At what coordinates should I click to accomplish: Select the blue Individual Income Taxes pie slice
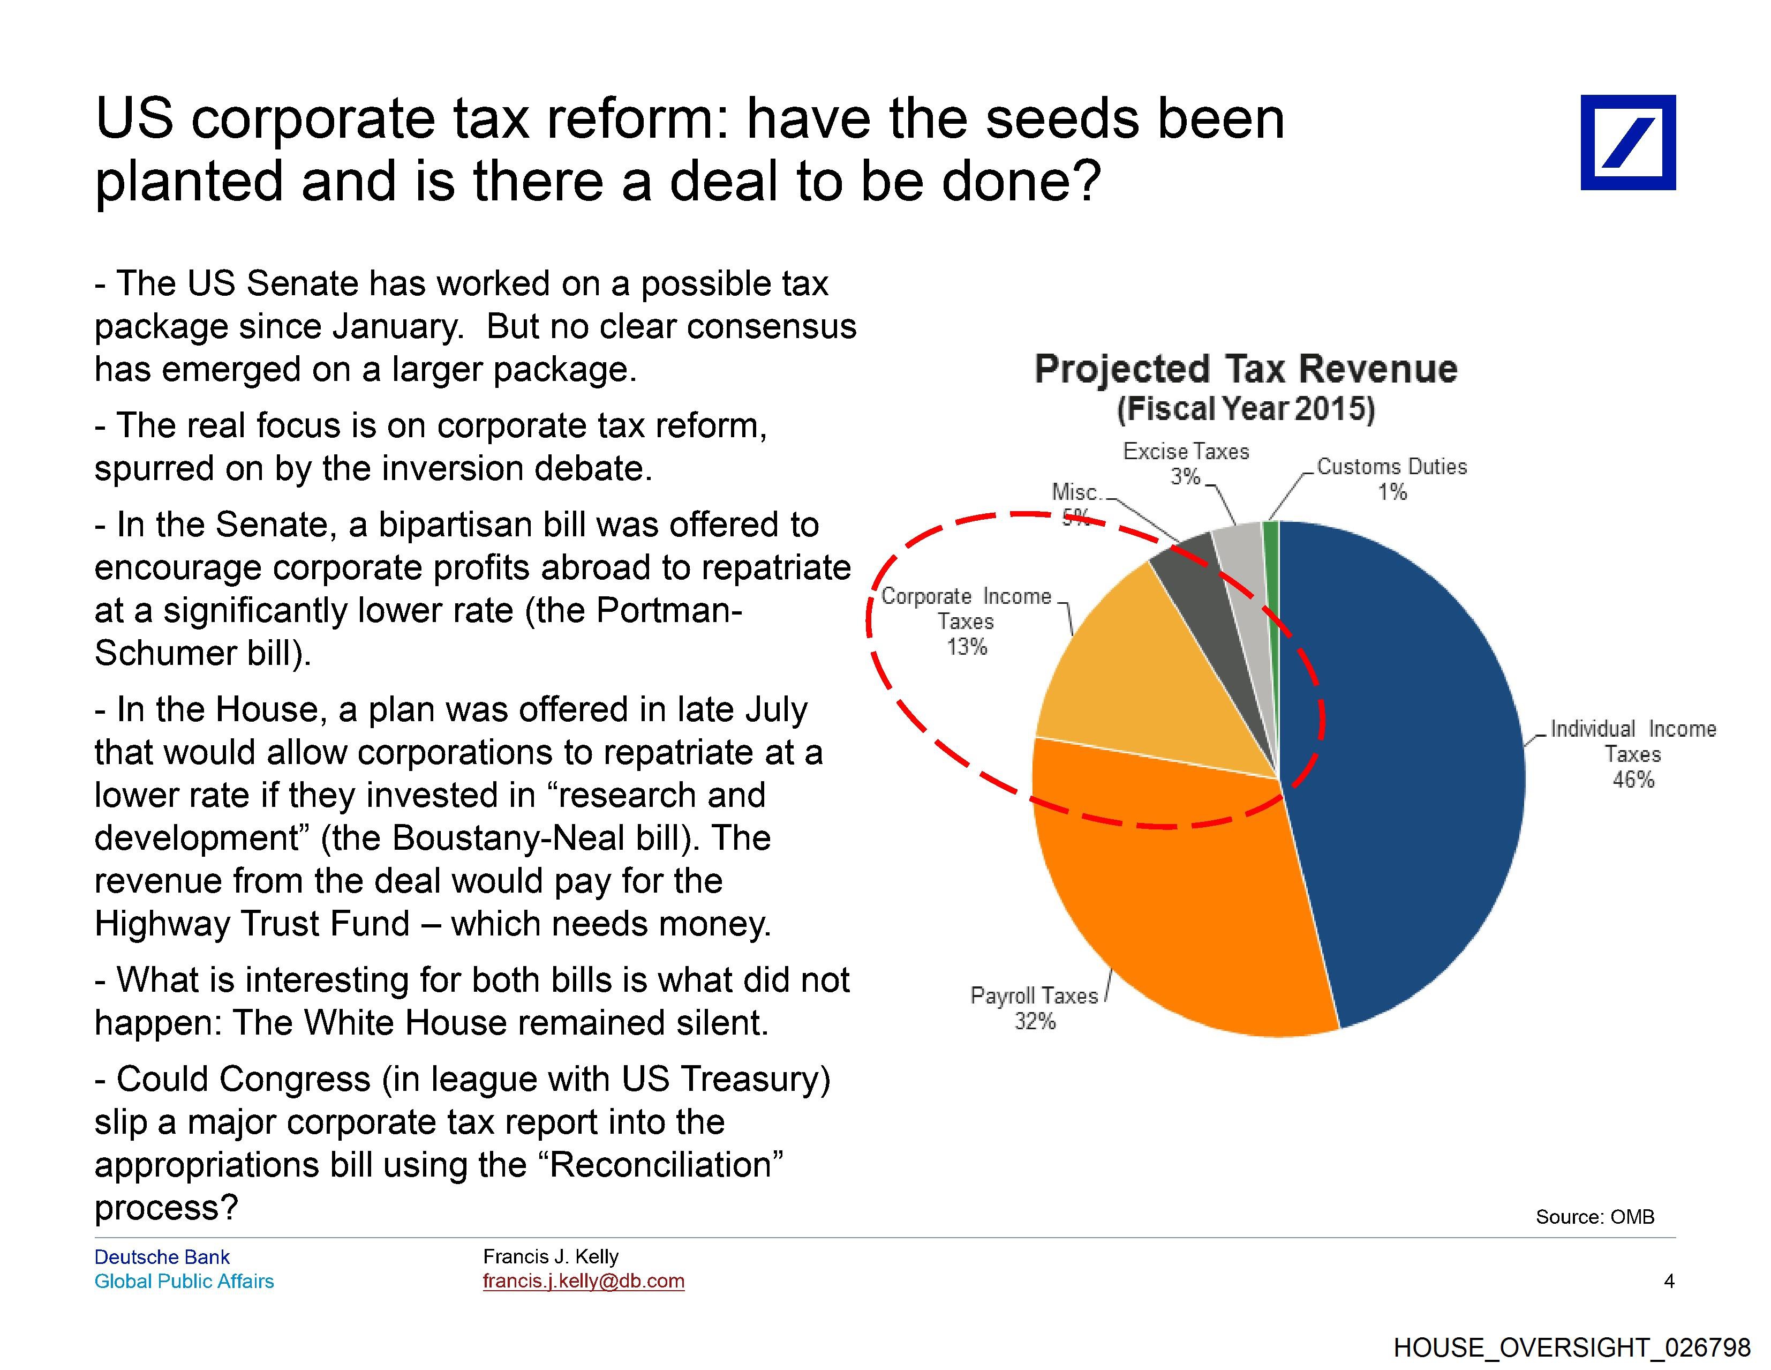coord(1403,770)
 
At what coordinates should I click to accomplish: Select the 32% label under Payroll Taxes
coord(1035,1021)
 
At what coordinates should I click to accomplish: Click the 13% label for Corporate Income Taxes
coord(967,647)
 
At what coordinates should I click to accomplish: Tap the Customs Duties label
coord(1391,467)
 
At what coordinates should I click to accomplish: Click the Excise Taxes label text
coord(1186,451)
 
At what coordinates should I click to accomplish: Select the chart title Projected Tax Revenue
coord(1246,369)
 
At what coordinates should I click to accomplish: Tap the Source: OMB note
coord(1594,1217)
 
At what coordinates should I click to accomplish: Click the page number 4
coord(1668,1282)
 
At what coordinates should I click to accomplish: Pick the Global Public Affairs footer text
coord(184,1282)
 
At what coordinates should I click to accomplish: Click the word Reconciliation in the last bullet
coord(659,1165)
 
